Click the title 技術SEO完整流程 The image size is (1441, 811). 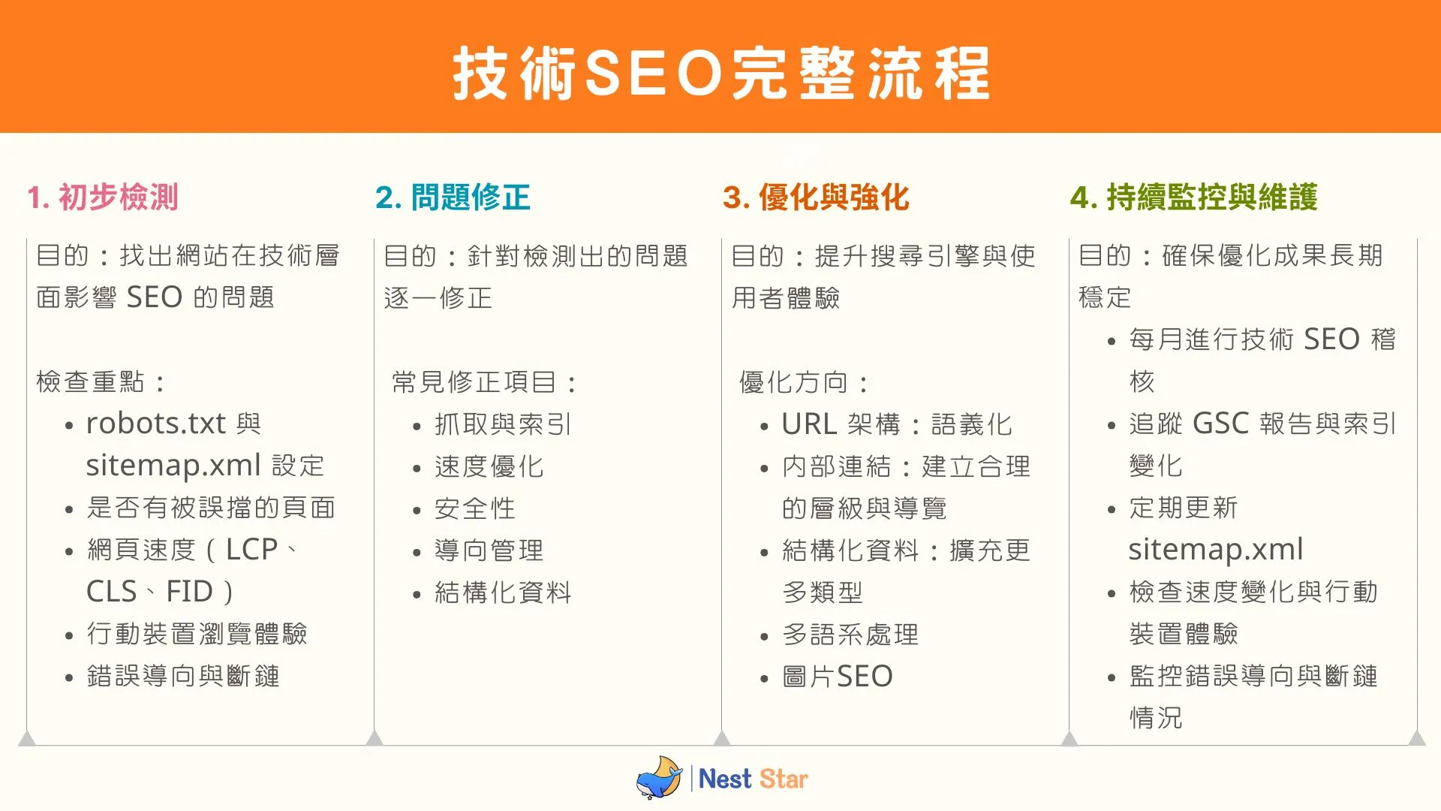tap(720, 73)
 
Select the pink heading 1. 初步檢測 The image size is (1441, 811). tap(103, 197)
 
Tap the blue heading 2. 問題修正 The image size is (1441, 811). tap(453, 197)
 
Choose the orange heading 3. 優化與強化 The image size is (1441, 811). tap(816, 197)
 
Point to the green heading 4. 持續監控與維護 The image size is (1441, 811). tap(1193, 197)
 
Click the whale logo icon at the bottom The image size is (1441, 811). tap(659, 778)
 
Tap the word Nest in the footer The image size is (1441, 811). tap(724, 779)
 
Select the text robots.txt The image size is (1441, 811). tap(155, 424)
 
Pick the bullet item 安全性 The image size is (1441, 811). tap(474, 508)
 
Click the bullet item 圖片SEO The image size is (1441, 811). tap(837, 677)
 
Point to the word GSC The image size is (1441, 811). tap(1220, 424)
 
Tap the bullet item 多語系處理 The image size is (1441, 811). tap(850, 635)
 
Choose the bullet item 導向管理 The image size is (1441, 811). tap(489, 550)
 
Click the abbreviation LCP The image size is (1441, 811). tap(251, 550)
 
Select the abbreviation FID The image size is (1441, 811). tap(189, 592)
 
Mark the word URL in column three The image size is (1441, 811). tap(809, 424)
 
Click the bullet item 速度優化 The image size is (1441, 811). tap(489, 466)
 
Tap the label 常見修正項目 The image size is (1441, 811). tap(474, 382)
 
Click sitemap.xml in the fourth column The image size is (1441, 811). tap(1215, 550)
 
